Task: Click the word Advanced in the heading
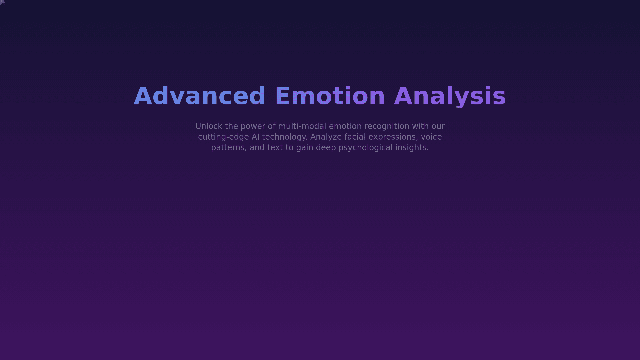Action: tap(199, 96)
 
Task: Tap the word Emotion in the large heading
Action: tap(330, 96)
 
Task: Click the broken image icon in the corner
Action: tap(3, 3)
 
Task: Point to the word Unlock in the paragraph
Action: tap(209, 126)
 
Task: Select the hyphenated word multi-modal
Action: tap(302, 126)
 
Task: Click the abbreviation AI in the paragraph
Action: tap(255, 137)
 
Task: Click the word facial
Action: tap(355, 137)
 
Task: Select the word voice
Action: tap(431, 137)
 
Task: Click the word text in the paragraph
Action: tap(275, 148)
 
